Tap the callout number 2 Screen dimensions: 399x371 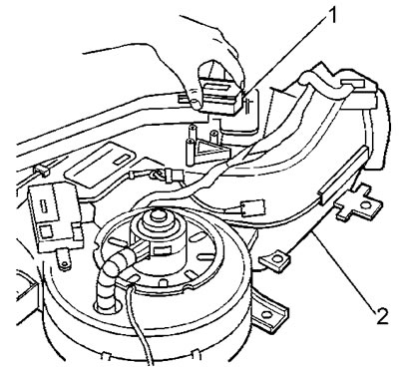(381, 315)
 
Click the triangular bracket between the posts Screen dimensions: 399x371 (210, 151)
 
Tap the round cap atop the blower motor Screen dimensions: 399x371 (157, 216)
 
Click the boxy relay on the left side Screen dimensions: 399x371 (55, 216)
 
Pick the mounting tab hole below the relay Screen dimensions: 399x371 (64, 264)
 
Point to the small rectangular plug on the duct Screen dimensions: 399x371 (253, 207)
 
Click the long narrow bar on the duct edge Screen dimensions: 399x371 (343, 176)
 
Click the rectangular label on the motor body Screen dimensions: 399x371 (162, 249)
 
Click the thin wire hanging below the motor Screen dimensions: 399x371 (140, 326)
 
